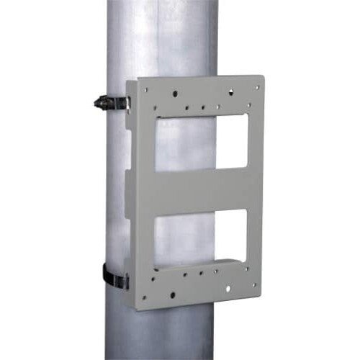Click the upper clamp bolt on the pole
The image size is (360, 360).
point(103,102)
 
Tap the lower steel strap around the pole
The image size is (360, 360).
point(114,274)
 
